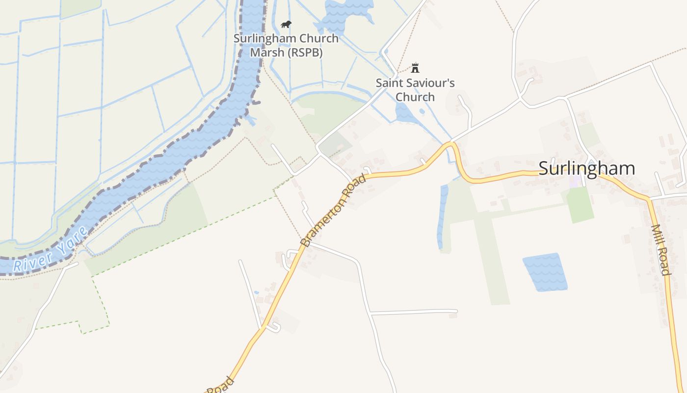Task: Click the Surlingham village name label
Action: [x=586, y=168]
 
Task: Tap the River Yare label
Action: [x=51, y=250]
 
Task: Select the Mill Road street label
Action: [x=661, y=250]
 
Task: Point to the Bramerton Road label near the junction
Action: [x=333, y=211]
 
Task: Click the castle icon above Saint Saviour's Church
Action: [x=415, y=67]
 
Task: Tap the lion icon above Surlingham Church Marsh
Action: [x=286, y=24]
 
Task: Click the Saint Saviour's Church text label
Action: [x=415, y=89]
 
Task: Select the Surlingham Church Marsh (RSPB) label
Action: [x=286, y=45]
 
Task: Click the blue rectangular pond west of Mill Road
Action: [x=545, y=272]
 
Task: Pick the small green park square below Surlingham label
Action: [x=580, y=203]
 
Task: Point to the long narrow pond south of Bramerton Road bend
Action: [x=443, y=216]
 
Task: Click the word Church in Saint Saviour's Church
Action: [x=415, y=97]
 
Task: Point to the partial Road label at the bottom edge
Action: [x=220, y=386]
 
